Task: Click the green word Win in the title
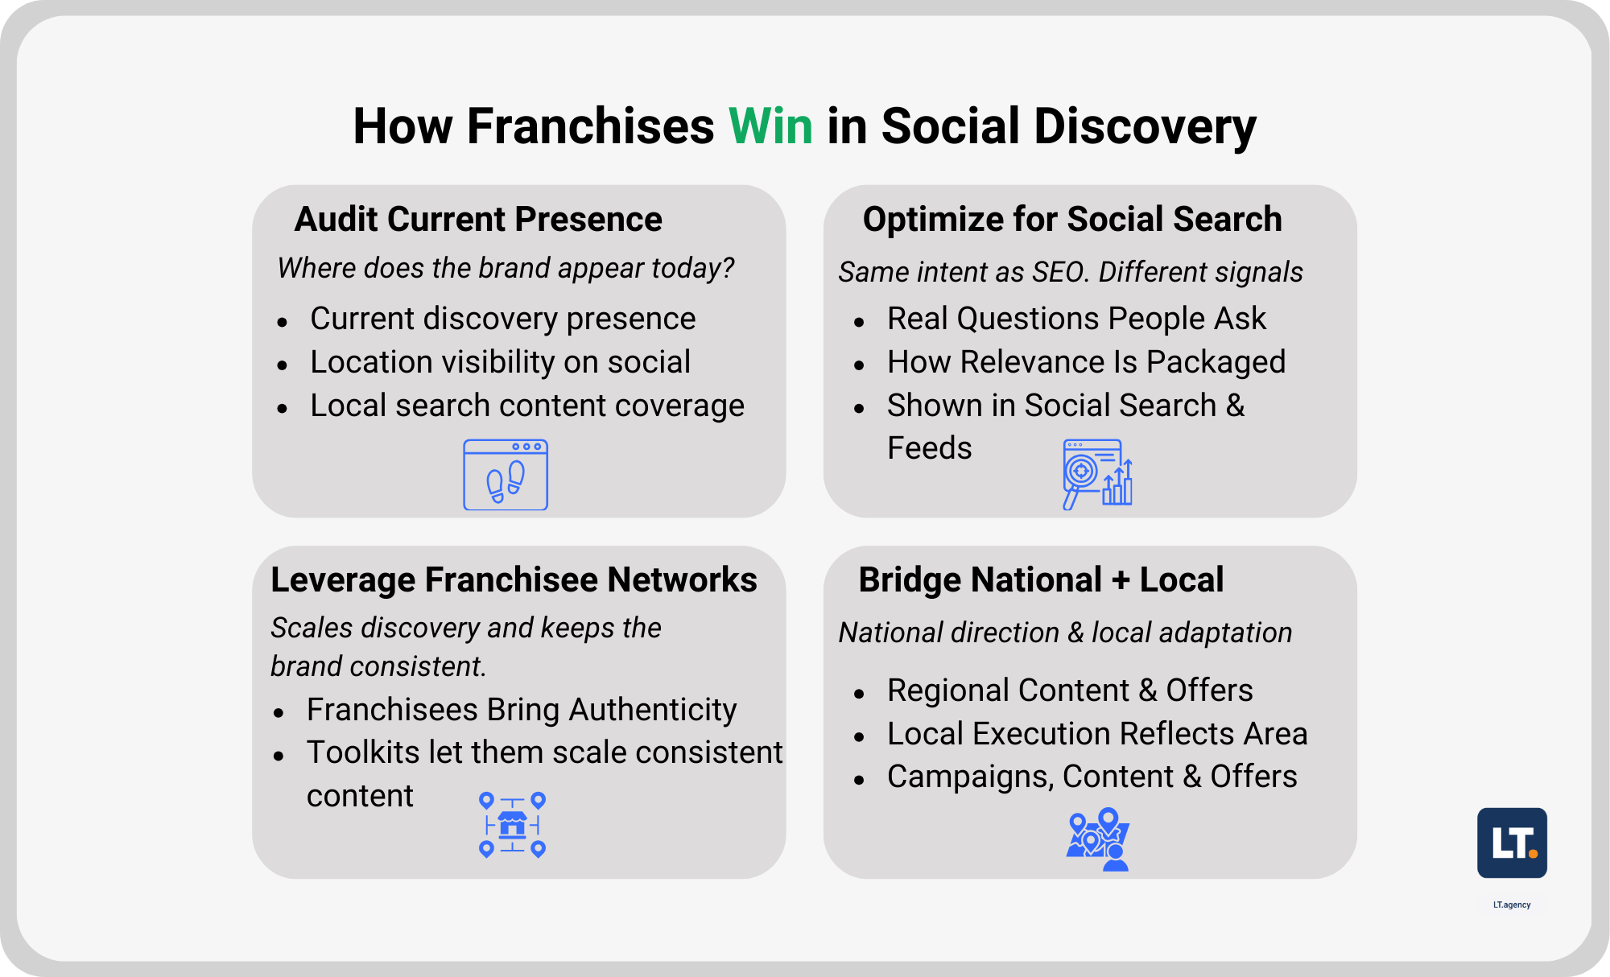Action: pyautogui.click(x=770, y=126)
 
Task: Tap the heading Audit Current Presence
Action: pyautogui.click(x=478, y=219)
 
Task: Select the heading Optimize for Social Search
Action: pyautogui.click(x=1071, y=219)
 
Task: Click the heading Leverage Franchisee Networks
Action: pyautogui.click(x=514, y=579)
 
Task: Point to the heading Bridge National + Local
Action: pyautogui.click(x=1041, y=579)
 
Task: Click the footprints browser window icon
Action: pyautogui.click(x=506, y=475)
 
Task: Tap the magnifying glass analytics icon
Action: pyautogui.click(x=1097, y=474)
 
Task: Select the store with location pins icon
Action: pyautogui.click(x=512, y=825)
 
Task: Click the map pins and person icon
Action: pyautogui.click(x=1098, y=839)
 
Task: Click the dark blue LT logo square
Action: pyautogui.click(x=1512, y=843)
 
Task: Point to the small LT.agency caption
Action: pyautogui.click(x=1512, y=905)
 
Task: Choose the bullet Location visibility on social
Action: pyautogui.click(x=500, y=362)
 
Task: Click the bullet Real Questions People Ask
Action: pyautogui.click(x=1076, y=319)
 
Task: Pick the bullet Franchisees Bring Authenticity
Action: pyautogui.click(x=522, y=710)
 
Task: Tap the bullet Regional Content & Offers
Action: pyautogui.click(x=1070, y=690)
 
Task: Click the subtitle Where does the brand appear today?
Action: pyautogui.click(x=506, y=268)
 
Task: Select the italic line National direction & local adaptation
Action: pyautogui.click(x=1065, y=633)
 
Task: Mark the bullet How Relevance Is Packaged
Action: pyautogui.click(x=1086, y=362)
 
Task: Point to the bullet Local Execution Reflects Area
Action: pyautogui.click(x=1097, y=734)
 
